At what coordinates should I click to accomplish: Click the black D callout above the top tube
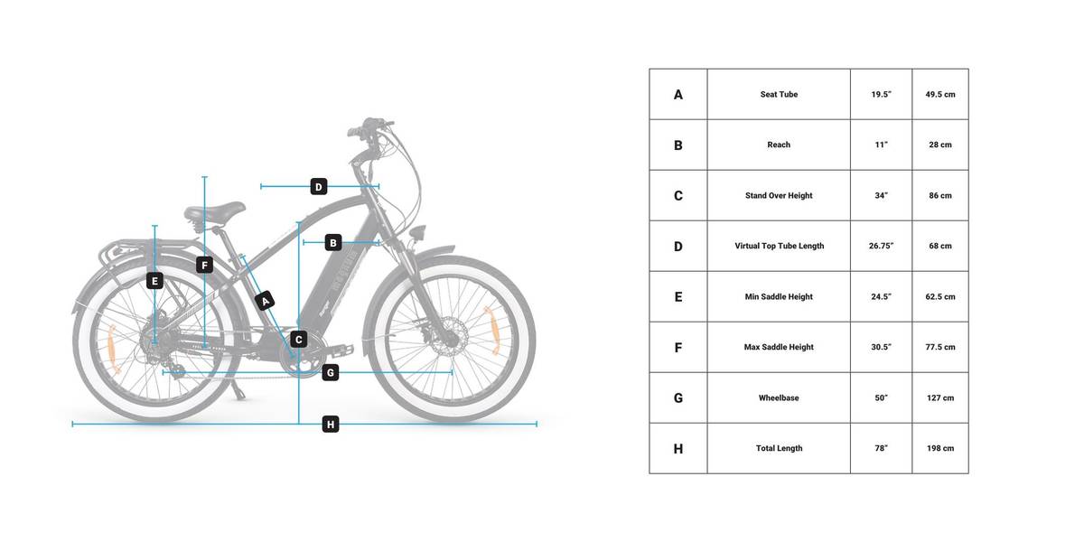click(x=318, y=187)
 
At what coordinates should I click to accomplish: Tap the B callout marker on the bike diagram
click(x=333, y=243)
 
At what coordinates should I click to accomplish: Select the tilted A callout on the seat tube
click(x=266, y=302)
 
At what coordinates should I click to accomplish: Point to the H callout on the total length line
click(x=331, y=425)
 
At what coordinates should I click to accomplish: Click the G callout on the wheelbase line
click(x=331, y=372)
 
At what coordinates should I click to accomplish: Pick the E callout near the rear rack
click(x=154, y=281)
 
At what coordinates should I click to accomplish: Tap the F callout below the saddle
click(x=205, y=266)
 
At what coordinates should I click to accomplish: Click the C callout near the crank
click(x=299, y=340)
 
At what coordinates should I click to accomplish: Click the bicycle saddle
click(x=214, y=212)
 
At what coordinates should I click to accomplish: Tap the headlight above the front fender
click(x=417, y=232)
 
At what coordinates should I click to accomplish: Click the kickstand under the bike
click(x=238, y=390)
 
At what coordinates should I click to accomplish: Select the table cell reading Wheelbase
click(x=779, y=397)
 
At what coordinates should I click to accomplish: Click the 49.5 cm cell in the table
click(x=940, y=94)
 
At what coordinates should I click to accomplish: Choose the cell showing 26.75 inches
click(x=882, y=246)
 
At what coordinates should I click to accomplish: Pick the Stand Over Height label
click(x=779, y=195)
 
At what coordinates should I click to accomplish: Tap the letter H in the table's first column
click(x=678, y=449)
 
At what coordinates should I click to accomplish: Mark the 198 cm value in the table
click(x=940, y=449)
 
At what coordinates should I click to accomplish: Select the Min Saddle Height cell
click(x=779, y=296)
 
